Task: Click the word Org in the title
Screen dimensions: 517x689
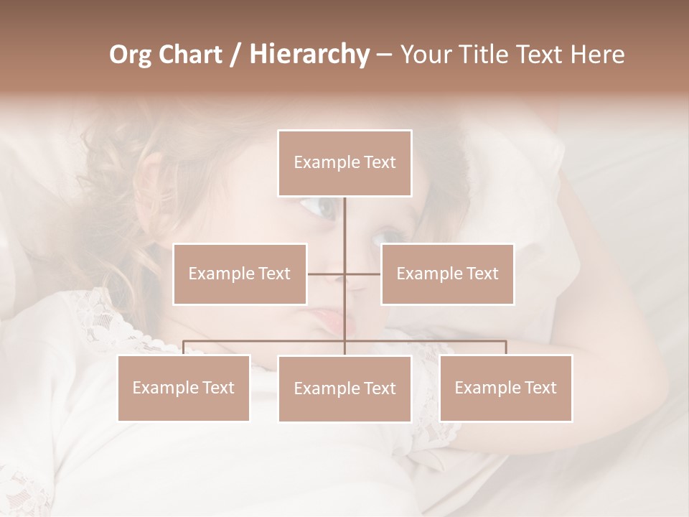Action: tap(131, 55)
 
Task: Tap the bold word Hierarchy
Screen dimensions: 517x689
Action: tap(309, 55)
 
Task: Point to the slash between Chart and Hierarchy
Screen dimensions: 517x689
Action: tap(235, 55)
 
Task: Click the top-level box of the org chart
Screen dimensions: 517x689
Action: tap(344, 163)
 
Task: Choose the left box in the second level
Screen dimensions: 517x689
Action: tap(240, 274)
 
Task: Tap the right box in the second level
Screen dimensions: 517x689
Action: tap(447, 274)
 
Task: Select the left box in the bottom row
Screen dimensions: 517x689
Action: tap(184, 388)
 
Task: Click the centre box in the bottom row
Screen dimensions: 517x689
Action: tap(344, 388)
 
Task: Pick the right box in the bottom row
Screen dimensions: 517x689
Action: tap(505, 388)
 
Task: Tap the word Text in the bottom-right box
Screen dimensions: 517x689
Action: tap(540, 388)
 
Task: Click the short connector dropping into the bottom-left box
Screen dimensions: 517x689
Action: tap(184, 348)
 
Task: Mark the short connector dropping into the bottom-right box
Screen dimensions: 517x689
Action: tap(505, 348)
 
